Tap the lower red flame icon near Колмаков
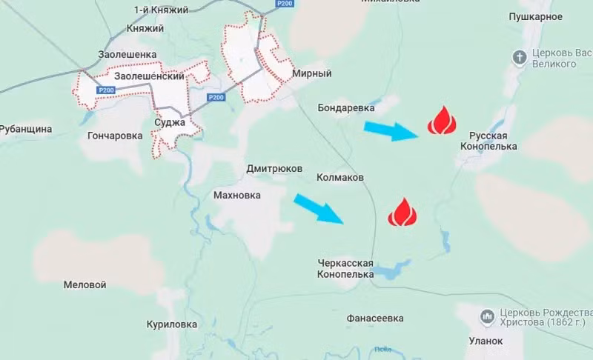pos(402,213)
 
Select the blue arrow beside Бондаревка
pos(393,131)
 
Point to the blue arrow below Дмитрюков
pos(319,208)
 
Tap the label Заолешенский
pos(149,76)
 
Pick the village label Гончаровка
pos(115,136)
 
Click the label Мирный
pos(311,74)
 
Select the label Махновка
pos(237,196)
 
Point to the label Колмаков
pos(339,178)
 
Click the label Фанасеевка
pos(375,319)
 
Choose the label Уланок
pos(486,341)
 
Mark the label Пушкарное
pos(536,16)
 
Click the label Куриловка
pos(172,324)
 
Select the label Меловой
pos(85,284)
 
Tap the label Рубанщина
pos(26,129)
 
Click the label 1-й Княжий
pos(161,10)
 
